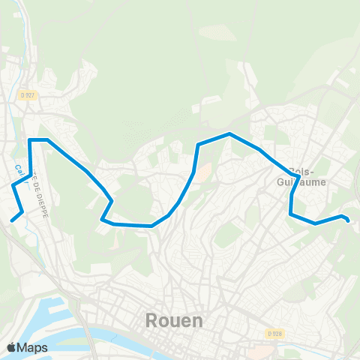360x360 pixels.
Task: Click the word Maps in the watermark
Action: [x=33, y=347]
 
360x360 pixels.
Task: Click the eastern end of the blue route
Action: [x=348, y=219]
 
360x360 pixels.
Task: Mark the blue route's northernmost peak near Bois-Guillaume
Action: [x=229, y=134]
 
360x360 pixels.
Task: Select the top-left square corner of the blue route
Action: [x=30, y=140]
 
